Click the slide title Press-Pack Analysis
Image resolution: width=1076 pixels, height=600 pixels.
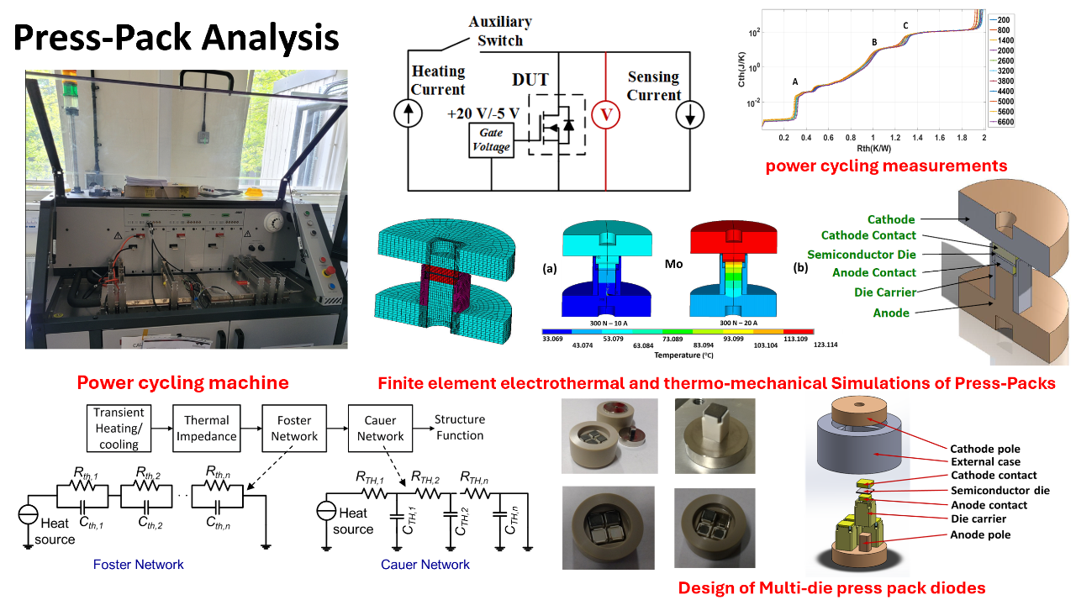[177, 38]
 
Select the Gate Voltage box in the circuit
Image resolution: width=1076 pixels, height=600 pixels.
[490, 139]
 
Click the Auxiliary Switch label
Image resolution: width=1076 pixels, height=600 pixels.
[502, 31]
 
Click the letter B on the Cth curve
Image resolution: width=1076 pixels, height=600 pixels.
[874, 42]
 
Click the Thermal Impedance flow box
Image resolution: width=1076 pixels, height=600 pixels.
[207, 428]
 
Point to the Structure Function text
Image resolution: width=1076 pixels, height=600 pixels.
[460, 427]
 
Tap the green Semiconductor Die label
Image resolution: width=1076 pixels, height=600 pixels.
[862, 255]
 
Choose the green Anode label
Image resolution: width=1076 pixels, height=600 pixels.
[892, 313]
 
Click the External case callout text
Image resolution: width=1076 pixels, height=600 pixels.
[986, 461]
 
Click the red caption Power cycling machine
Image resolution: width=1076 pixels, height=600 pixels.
[182, 383]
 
